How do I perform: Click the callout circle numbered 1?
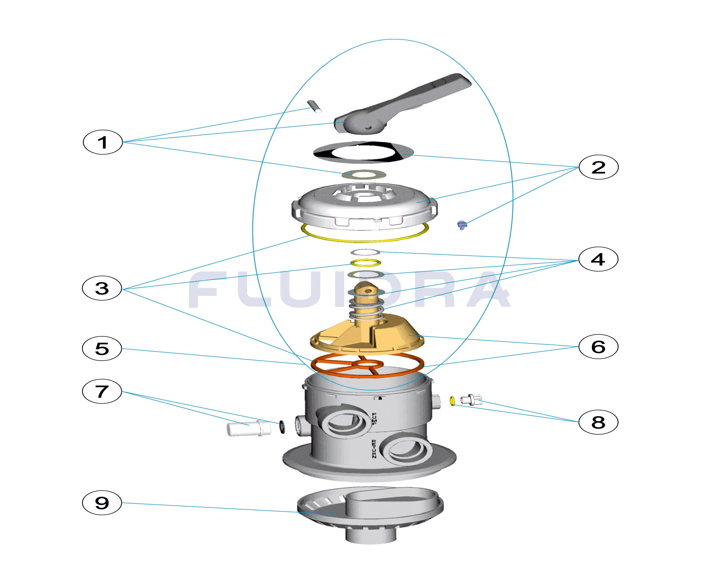pyautogui.click(x=103, y=143)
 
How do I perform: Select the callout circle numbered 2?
pyautogui.click(x=598, y=167)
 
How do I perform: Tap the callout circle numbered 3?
pyautogui.click(x=102, y=288)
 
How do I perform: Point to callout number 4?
pyautogui.click(x=598, y=259)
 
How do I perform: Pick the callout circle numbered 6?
pyautogui.click(x=598, y=347)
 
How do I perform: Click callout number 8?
pyautogui.click(x=598, y=422)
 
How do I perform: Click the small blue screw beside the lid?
pyautogui.click(x=462, y=225)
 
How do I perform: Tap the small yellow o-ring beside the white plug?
pyautogui.click(x=453, y=401)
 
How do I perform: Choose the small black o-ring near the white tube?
pyautogui.click(x=282, y=427)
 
